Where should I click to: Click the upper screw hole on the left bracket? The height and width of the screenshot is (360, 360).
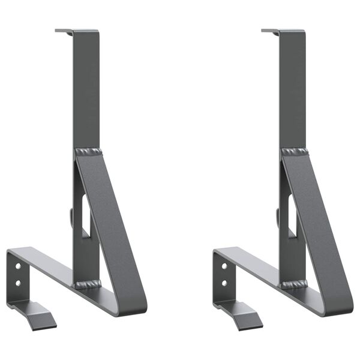pyautogui.click(x=18, y=265)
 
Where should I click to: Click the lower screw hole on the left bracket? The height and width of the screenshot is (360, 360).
pyautogui.click(x=18, y=282)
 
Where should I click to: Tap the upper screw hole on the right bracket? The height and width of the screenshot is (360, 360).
pyautogui.click(x=224, y=265)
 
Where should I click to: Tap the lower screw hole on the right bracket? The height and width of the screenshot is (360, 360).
pyautogui.click(x=224, y=282)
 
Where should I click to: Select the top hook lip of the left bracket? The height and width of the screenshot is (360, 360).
pyautogui.click(x=64, y=31)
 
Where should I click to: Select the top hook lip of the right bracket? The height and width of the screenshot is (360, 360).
pyautogui.click(x=270, y=31)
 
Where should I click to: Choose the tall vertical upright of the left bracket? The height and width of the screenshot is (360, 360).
pyautogui.click(x=86, y=90)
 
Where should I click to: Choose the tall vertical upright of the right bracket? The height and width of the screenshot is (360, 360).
pyautogui.click(x=292, y=90)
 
